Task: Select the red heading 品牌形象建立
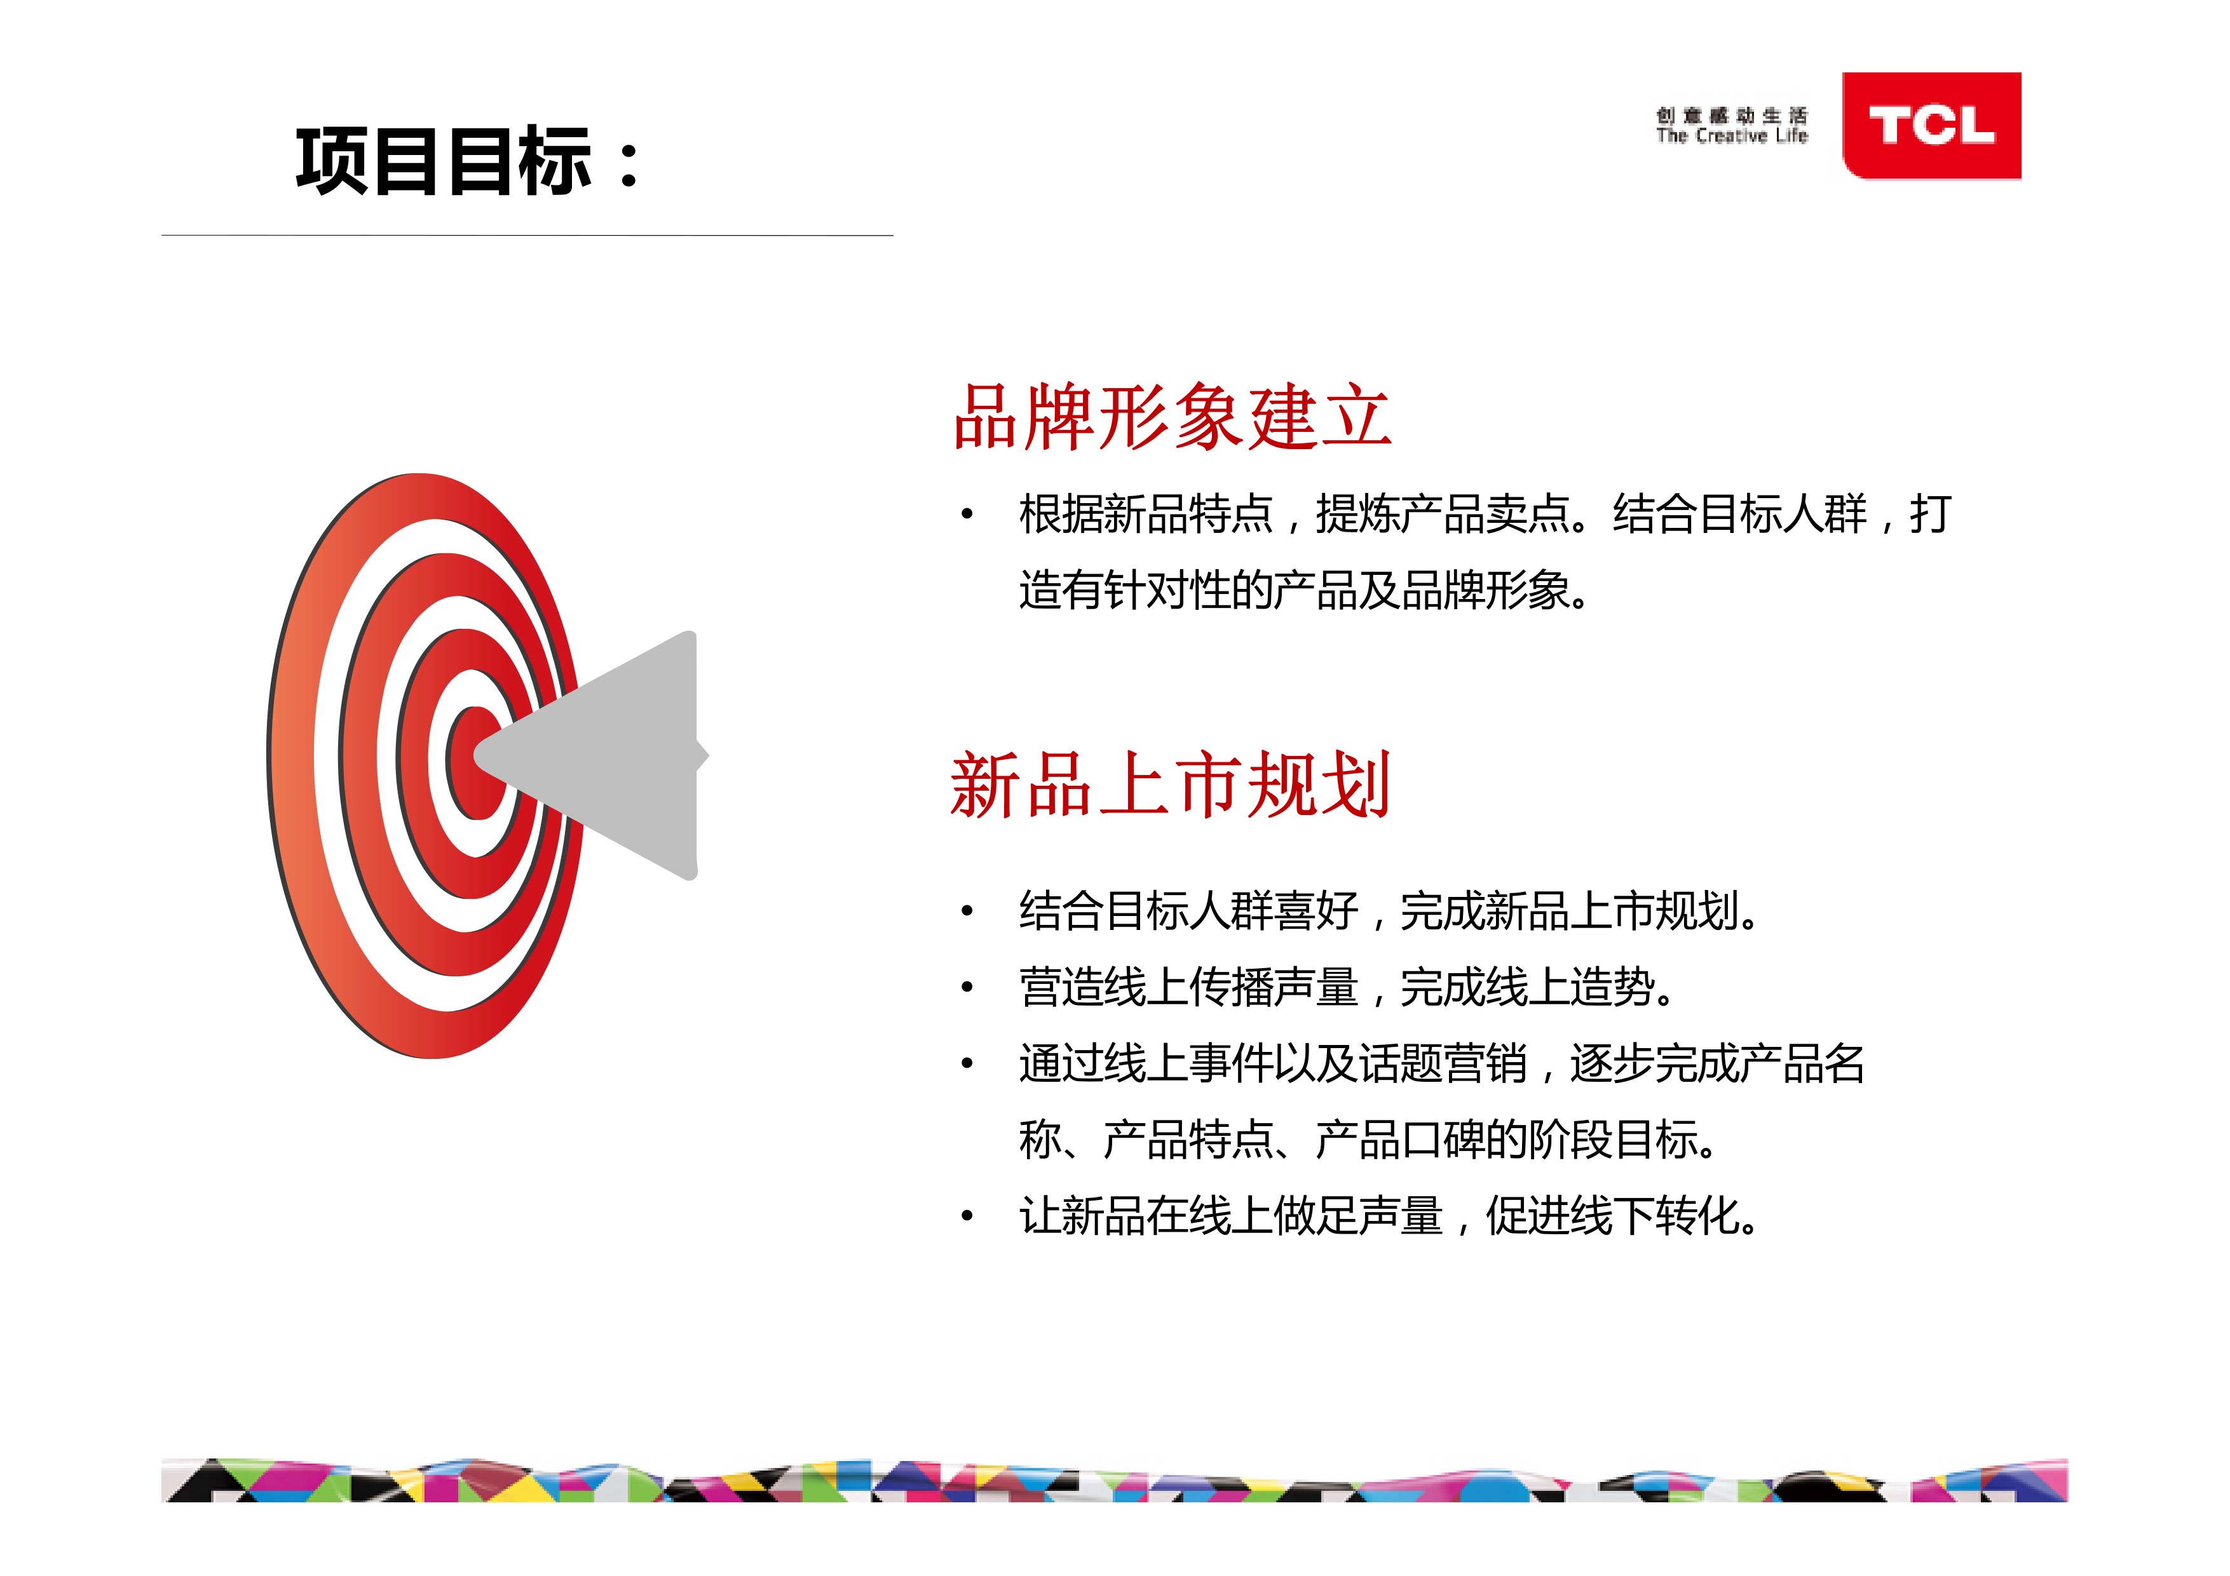(1173, 417)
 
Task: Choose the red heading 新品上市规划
(1171, 785)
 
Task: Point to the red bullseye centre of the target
(475, 762)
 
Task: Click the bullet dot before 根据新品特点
(967, 514)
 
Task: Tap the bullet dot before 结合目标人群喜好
(967, 911)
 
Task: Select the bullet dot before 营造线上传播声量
(967, 988)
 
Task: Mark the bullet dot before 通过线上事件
(967, 1063)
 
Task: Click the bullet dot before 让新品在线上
(967, 1216)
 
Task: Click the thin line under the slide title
(527, 235)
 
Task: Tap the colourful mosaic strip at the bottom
(1114, 1480)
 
